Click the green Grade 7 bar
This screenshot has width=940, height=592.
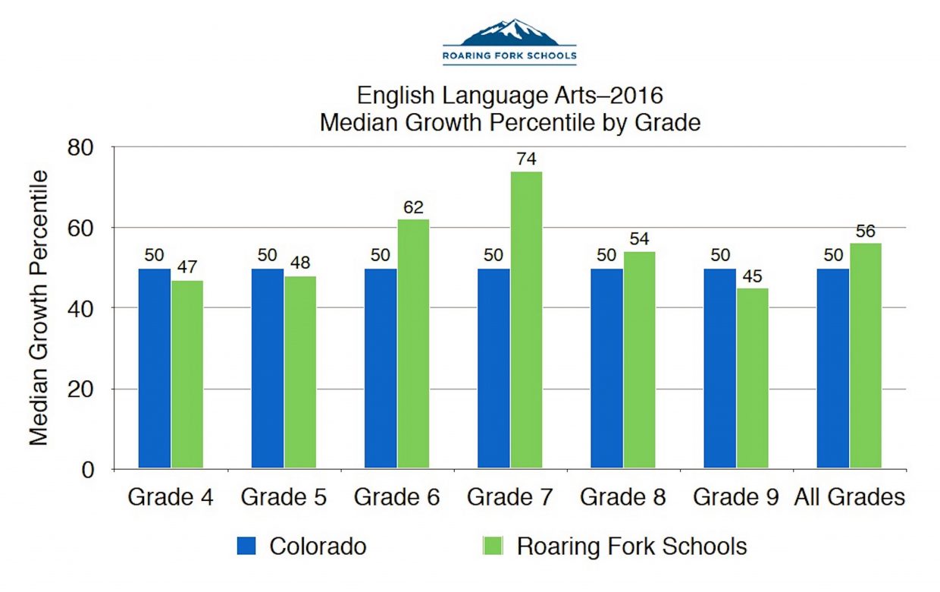[526, 320]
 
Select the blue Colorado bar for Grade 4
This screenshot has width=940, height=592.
[154, 369]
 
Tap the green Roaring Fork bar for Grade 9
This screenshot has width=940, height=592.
[752, 379]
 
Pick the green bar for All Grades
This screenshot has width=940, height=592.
[865, 356]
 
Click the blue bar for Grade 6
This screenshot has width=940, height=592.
[381, 369]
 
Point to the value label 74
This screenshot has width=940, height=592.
[527, 159]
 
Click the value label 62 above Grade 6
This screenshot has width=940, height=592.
[413, 207]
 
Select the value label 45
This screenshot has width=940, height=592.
[753, 276]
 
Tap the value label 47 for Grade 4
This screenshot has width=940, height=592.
[187, 267]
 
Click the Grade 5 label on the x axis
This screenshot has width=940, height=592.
[284, 498]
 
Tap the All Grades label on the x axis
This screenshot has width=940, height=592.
[850, 498]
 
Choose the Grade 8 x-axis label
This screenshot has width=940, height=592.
[623, 498]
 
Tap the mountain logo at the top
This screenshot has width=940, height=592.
[509, 34]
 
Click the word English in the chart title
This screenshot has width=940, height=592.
[395, 96]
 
